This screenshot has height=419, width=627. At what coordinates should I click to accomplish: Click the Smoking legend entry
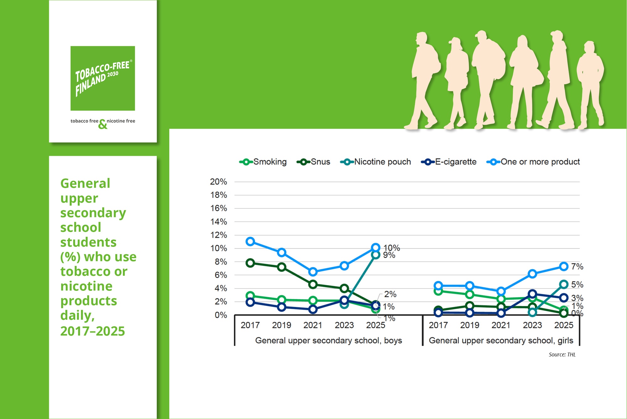263,162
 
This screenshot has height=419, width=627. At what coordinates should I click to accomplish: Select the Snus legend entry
313,162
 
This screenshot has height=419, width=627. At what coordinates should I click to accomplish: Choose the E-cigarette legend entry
449,162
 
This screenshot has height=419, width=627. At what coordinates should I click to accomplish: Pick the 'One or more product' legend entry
533,162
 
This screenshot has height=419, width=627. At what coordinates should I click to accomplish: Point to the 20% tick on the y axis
219,182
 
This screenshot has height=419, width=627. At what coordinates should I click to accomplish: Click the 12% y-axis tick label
219,235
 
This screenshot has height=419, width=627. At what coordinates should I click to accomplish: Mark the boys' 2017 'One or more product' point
250,242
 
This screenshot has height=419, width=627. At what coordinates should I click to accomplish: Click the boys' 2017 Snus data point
250,263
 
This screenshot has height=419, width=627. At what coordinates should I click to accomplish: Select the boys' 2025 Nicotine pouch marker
376,255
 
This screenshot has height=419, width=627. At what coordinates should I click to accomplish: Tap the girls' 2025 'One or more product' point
564,266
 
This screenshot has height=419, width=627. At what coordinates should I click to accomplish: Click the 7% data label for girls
577,267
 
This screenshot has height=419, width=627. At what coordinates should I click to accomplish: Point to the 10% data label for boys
392,248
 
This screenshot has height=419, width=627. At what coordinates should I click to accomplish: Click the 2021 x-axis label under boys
313,325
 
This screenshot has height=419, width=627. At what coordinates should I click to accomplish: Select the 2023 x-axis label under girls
532,325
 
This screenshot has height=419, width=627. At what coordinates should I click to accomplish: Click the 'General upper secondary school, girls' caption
501,340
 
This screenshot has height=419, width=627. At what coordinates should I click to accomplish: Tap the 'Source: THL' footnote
562,355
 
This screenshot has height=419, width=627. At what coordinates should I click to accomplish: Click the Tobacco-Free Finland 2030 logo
103,78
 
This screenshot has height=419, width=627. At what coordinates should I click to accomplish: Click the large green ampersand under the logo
103,125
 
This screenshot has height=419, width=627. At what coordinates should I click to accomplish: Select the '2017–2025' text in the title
92,331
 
